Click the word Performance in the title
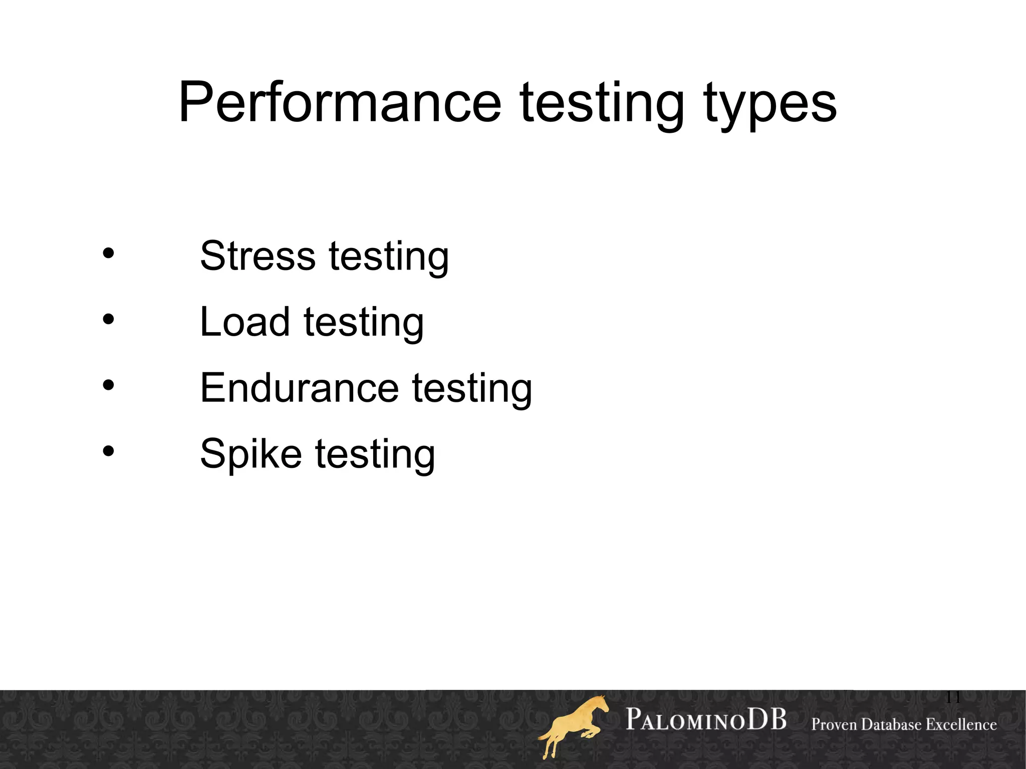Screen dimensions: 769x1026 coord(340,103)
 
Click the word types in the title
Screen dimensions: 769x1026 coord(770,105)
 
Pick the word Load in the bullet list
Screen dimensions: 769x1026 coord(244,322)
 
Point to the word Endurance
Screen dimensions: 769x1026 coord(299,388)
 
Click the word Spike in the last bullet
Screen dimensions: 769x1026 coord(250,454)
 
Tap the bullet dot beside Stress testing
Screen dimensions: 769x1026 coord(108,253)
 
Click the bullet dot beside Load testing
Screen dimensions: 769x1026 coord(108,320)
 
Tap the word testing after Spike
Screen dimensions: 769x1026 coord(375,455)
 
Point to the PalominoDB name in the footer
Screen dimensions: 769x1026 coord(706,720)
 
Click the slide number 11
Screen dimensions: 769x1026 coord(952,697)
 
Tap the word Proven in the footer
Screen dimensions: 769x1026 coord(834,724)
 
